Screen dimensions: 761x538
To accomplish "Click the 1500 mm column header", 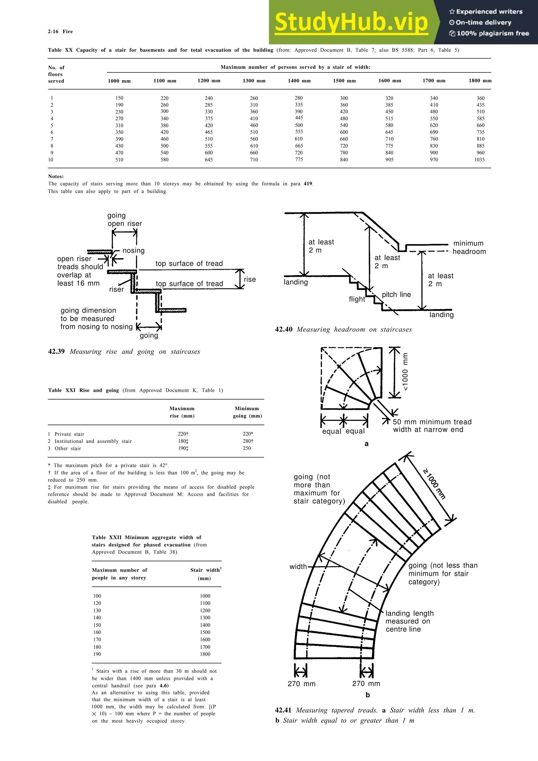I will [x=344, y=81].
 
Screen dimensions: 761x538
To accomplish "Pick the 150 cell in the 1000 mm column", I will [x=119, y=98].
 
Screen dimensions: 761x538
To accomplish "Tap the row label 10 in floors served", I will [x=51, y=160].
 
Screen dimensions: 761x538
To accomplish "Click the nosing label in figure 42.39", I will [x=134, y=251].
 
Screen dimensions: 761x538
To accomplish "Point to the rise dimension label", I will [x=250, y=279].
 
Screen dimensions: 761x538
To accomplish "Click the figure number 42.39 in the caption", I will [x=56, y=352].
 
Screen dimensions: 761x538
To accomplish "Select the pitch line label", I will [x=396, y=294].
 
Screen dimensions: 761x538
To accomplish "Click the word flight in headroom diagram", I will [x=357, y=299].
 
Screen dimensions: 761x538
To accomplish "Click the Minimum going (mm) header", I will [x=247, y=412].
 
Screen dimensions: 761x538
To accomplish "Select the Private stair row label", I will [x=69, y=434].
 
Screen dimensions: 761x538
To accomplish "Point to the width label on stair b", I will [x=298, y=567].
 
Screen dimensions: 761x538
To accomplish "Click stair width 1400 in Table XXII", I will [x=205, y=625].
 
